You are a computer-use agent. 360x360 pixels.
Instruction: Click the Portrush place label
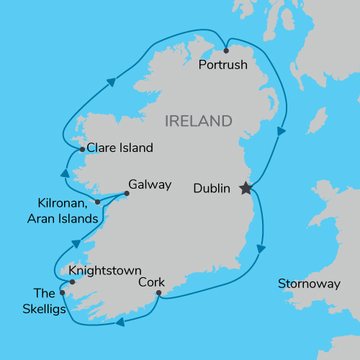click(x=222, y=65)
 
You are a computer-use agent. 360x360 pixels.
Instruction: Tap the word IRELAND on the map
click(x=199, y=120)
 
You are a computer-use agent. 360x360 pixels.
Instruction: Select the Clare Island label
click(x=120, y=148)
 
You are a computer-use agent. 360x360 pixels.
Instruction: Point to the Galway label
click(x=150, y=184)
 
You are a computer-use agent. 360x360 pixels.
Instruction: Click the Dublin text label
click(x=212, y=189)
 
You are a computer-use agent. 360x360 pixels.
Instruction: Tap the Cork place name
click(x=151, y=282)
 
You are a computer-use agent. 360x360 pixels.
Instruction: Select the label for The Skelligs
click(x=44, y=302)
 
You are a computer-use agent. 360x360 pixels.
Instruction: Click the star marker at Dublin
click(x=245, y=188)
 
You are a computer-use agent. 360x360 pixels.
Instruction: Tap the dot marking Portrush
click(x=226, y=50)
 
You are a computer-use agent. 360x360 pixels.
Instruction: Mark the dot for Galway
click(x=127, y=193)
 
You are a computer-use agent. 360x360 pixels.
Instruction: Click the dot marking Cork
click(x=158, y=292)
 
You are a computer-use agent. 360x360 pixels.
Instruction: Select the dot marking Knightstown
click(x=72, y=282)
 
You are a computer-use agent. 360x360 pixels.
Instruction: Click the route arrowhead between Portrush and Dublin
click(x=281, y=132)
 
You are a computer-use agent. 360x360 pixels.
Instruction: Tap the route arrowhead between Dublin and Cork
click(x=261, y=248)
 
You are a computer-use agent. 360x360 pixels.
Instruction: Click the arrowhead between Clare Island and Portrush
click(x=112, y=82)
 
